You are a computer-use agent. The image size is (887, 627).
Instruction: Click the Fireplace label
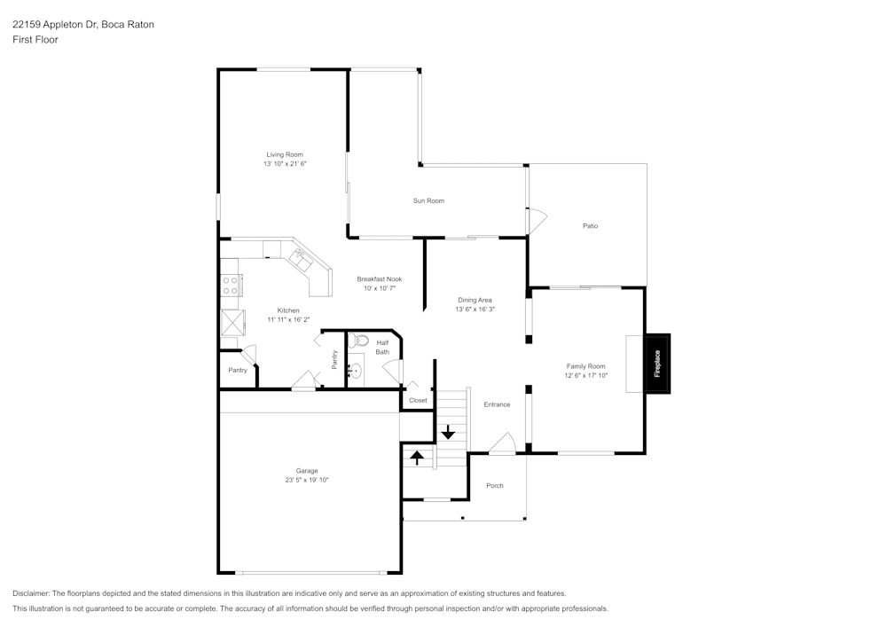click(x=657, y=363)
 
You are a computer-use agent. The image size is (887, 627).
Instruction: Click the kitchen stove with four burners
click(x=232, y=285)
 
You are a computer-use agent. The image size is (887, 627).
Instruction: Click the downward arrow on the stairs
click(x=448, y=432)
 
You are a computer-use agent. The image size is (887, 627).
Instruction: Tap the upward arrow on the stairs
click(x=417, y=458)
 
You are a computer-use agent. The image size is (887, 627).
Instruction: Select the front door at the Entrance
click(x=502, y=443)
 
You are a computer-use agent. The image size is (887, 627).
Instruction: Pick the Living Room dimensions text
click(x=285, y=164)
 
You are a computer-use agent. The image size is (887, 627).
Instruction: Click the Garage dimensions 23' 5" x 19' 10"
click(x=307, y=480)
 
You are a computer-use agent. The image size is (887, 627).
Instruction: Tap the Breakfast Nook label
click(x=379, y=278)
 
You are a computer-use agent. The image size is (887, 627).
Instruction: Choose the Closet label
click(x=418, y=400)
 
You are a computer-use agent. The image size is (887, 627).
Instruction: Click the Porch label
click(x=495, y=485)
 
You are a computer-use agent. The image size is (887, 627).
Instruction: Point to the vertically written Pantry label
click(x=334, y=359)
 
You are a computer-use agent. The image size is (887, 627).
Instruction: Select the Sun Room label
click(x=428, y=201)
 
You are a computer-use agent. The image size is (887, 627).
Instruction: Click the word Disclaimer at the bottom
click(x=31, y=593)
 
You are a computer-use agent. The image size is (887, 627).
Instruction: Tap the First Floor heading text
click(x=35, y=40)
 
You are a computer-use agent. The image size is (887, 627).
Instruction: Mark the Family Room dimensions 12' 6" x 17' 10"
click(x=585, y=375)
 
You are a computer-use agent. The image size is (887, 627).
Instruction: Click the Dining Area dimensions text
click(x=475, y=310)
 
